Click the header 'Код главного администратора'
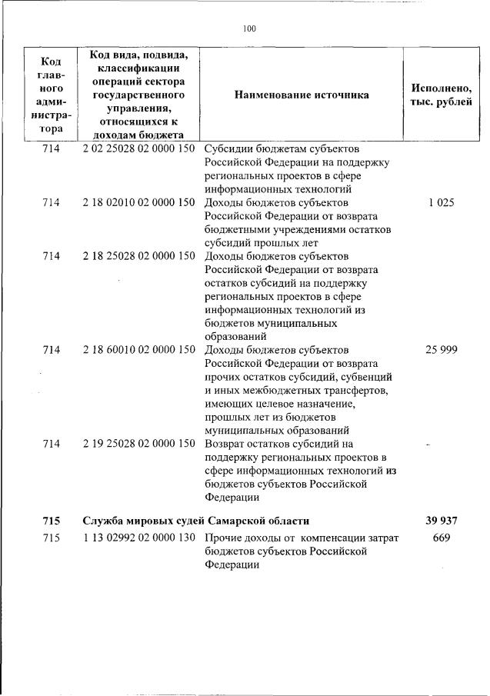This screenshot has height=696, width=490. pyautogui.click(x=51, y=95)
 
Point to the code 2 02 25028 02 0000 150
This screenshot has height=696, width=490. pyautogui.click(x=138, y=148)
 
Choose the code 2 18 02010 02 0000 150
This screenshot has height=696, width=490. pyautogui.click(x=138, y=202)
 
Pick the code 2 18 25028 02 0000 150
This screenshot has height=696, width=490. pyautogui.click(x=138, y=256)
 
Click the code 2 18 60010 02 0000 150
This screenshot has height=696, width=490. pyautogui.click(x=138, y=350)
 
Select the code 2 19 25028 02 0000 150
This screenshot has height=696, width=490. pyautogui.click(x=138, y=444)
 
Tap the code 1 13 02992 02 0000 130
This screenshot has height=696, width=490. pyautogui.click(x=138, y=538)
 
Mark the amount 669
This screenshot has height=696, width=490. pyautogui.click(x=441, y=538)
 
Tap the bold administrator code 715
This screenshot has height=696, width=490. pyautogui.click(x=51, y=521)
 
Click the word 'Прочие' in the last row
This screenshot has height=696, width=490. pyautogui.click(x=223, y=538)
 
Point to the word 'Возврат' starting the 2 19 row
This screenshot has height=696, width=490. pyautogui.click(x=225, y=444)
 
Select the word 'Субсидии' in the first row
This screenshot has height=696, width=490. pyautogui.click(x=228, y=148)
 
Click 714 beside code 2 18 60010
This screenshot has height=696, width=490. pyautogui.click(x=51, y=350)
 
